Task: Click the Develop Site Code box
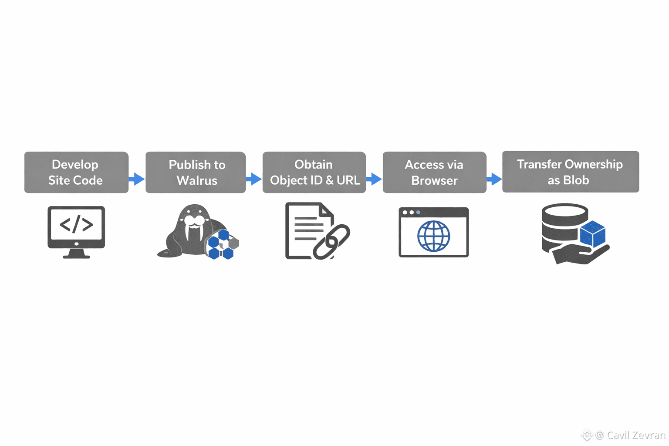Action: [x=76, y=172]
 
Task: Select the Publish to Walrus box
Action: [x=196, y=172]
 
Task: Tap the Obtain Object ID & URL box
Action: [x=314, y=172]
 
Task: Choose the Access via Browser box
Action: [x=434, y=172]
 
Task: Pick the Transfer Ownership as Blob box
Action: [x=570, y=172]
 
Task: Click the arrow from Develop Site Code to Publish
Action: [x=137, y=179]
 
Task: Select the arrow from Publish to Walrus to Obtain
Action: [x=254, y=179]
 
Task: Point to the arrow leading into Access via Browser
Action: [x=374, y=179]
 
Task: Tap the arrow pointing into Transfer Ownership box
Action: [x=494, y=179]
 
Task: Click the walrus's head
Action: [x=194, y=218]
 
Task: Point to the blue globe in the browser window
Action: [x=433, y=236]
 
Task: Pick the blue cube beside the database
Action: [x=592, y=233]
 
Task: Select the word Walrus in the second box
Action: [x=197, y=180]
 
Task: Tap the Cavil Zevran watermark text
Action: [x=636, y=435]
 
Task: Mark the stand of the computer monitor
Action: [x=76, y=254]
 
